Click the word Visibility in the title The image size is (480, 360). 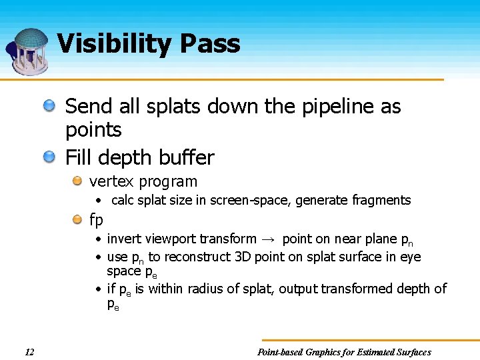pos(115,44)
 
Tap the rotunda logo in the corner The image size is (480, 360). pos(28,51)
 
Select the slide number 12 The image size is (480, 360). pos(29,352)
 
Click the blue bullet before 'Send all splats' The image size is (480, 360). pos(50,105)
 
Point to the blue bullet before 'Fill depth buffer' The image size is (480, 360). pos(50,157)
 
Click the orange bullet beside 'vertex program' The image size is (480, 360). pos(77,181)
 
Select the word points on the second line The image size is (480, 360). pos(93,130)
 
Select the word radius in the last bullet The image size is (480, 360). pos(207,289)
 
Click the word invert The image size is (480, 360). pos(123,239)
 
